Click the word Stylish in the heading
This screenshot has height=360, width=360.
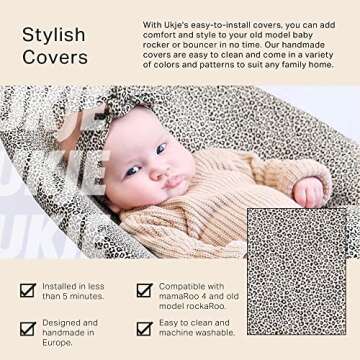pyautogui.click(x=53, y=36)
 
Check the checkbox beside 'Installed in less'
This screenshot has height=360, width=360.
pyautogui.click(x=28, y=290)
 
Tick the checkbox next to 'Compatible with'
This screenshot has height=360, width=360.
pyautogui.click(x=145, y=290)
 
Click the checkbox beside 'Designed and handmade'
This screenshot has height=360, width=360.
pyautogui.click(x=28, y=328)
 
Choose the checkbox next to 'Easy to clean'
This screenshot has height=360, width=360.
pyautogui.click(x=145, y=328)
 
